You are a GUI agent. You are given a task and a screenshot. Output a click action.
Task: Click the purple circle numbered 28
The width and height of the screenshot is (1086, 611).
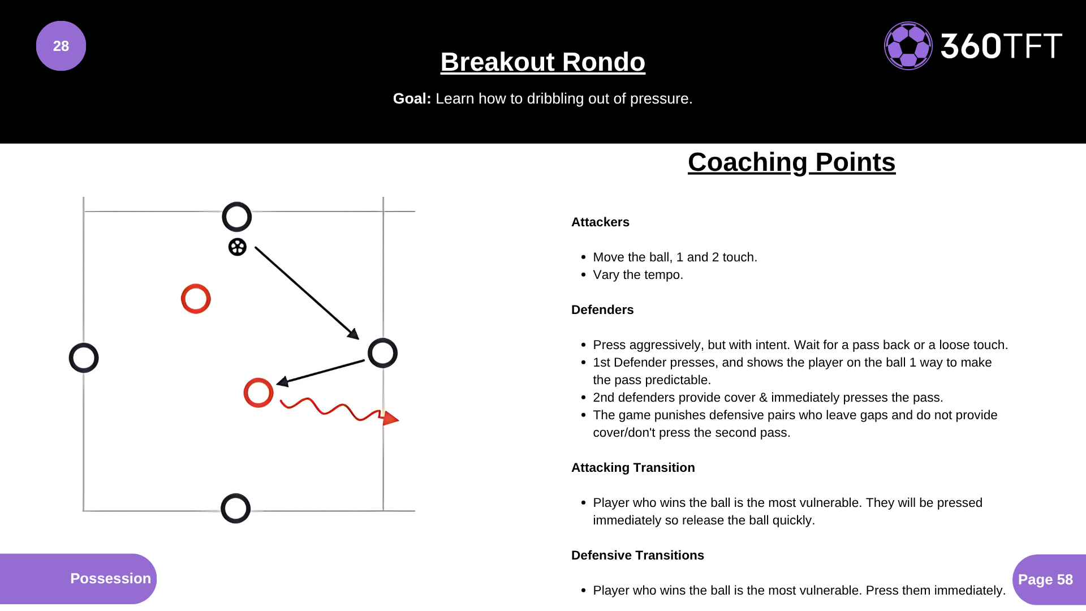point(61,46)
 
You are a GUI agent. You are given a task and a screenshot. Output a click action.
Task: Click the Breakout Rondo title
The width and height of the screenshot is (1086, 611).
point(543,62)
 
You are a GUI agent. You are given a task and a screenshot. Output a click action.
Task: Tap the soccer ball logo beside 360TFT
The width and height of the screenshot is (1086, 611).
point(908,46)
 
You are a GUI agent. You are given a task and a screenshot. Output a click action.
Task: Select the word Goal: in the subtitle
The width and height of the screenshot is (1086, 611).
point(412,98)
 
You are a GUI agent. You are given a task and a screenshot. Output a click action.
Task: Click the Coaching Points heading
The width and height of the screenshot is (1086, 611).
point(791,162)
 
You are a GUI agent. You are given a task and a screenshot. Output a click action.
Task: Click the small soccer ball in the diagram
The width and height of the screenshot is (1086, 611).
point(238,247)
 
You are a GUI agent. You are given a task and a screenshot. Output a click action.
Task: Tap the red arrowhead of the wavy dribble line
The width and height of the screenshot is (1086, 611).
point(390,419)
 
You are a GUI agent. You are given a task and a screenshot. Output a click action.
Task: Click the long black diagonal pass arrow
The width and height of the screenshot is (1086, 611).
point(307,293)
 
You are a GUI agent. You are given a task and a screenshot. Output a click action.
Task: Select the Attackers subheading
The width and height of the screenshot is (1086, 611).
point(600,222)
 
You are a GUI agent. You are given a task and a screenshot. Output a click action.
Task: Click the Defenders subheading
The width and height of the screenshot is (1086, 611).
point(602,310)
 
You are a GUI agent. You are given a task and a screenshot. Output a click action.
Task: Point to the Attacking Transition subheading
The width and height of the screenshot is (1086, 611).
point(633,468)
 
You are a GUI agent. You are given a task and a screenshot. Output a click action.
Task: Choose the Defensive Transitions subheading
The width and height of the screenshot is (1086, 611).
point(637,556)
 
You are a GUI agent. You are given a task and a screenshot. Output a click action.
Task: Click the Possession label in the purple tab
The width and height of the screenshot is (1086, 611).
point(111,578)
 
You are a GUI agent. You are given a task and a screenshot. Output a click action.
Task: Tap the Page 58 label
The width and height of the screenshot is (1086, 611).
point(1045,579)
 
